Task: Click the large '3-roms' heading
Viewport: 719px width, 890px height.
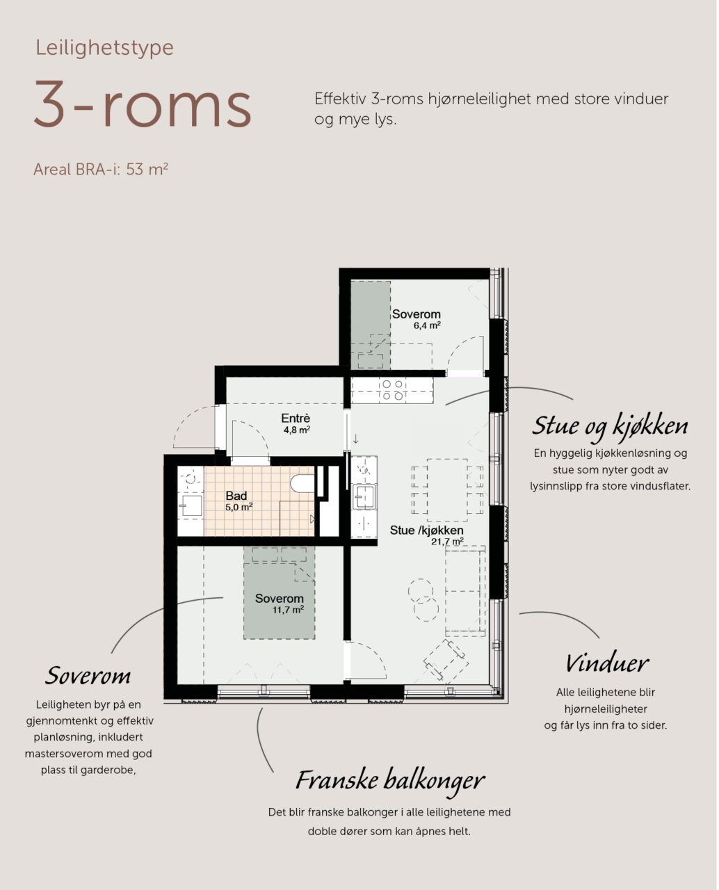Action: click(143, 104)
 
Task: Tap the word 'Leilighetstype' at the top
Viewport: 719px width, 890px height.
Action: click(104, 48)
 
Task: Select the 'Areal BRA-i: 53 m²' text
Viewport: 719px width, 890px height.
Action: click(101, 169)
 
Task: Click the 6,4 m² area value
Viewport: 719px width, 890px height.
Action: click(427, 325)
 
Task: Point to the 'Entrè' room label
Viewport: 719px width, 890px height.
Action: click(296, 418)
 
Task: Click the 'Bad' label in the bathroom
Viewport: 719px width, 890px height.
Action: click(236, 496)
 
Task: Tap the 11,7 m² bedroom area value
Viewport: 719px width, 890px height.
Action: click(288, 610)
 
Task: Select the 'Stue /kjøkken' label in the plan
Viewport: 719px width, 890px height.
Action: click(426, 530)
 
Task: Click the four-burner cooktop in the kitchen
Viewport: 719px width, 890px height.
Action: click(393, 390)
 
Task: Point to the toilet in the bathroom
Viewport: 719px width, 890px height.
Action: click(302, 483)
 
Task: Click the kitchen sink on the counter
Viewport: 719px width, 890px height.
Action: click(364, 496)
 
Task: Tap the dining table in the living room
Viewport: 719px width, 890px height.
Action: click(447, 489)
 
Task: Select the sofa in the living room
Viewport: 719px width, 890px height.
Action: click(465, 590)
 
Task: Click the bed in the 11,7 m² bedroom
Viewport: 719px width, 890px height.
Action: click(279, 592)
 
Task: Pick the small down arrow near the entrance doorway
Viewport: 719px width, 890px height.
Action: click(355, 438)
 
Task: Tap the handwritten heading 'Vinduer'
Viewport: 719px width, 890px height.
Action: click(606, 663)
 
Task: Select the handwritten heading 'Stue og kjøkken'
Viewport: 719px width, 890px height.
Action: click(610, 427)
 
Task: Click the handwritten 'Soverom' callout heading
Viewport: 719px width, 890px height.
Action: click(88, 676)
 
